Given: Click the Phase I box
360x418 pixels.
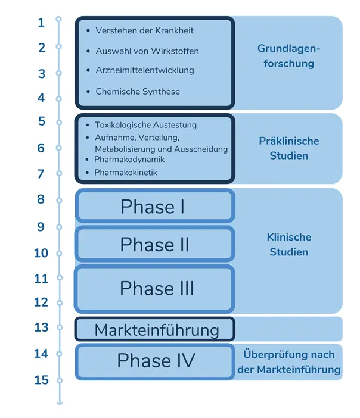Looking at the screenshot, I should (x=154, y=206).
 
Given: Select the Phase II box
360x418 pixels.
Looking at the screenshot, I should (x=154, y=244).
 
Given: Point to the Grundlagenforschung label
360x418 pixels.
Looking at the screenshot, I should (x=289, y=55).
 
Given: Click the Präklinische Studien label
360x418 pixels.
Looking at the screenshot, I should (x=289, y=148).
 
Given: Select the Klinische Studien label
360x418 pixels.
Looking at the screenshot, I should (x=289, y=244).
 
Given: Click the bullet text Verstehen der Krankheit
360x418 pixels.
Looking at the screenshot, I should (x=144, y=30).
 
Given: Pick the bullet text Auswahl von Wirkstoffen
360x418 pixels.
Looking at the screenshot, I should (x=147, y=51).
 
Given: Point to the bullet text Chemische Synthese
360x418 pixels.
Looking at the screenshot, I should (x=138, y=92).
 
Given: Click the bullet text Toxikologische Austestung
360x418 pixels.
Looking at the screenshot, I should (x=145, y=125).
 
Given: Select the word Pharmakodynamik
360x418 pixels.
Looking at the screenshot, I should (x=129, y=160).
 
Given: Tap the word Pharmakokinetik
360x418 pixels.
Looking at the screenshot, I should (x=126, y=173).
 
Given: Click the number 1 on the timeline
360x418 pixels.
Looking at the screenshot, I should (x=41, y=23).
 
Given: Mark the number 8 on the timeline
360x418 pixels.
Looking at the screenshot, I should (x=41, y=199).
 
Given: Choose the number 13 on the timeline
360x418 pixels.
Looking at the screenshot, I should (x=41, y=327).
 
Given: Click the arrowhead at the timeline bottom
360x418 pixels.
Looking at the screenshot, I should (x=59, y=403).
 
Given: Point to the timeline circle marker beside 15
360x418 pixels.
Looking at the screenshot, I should (x=59, y=380).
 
